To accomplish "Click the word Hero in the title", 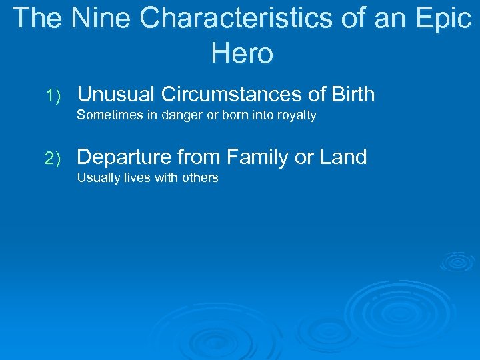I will (242, 53).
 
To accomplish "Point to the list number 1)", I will (53, 96).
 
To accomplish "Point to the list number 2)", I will (53, 159).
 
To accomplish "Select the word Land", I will (343, 157).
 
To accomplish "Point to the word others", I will (199, 178).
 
